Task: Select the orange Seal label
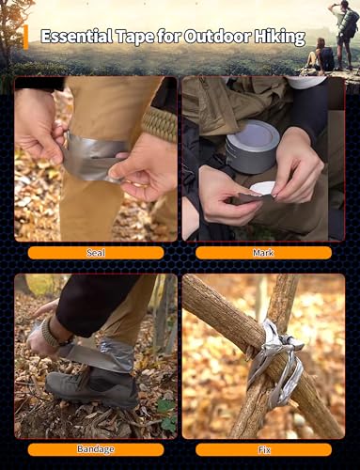pyautogui.click(x=96, y=253)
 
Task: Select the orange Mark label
pyautogui.click(x=263, y=253)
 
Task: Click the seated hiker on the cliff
pyautogui.click(x=316, y=58)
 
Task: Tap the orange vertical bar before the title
pyautogui.click(x=25, y=38)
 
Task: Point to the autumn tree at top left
pyautogui.click(x=14, y=23)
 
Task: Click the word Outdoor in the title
pyautogui.click(x=203, y=38)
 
